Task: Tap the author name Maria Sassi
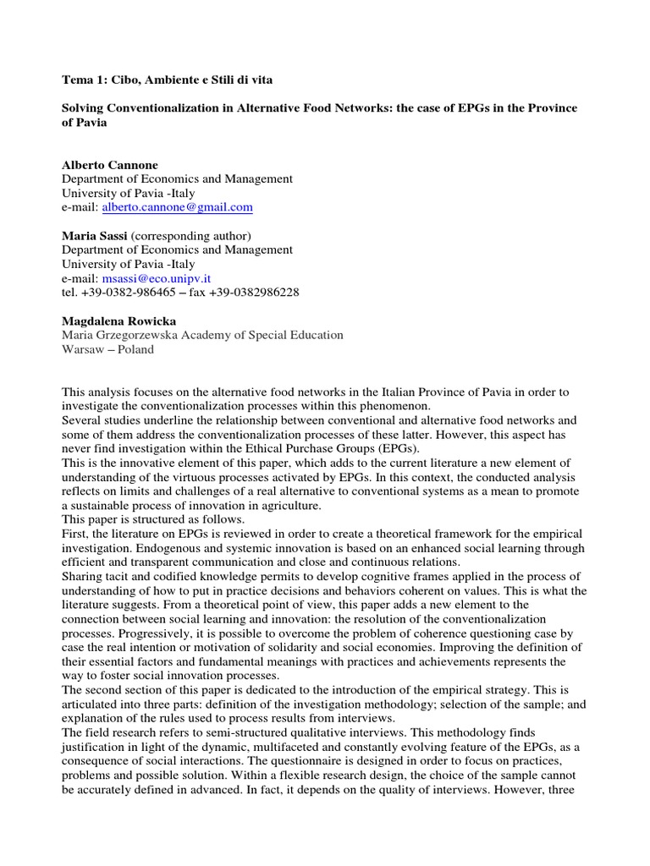94,235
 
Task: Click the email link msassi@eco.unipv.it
156,278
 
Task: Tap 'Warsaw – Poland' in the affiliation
107,349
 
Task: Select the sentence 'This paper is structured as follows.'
152,519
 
